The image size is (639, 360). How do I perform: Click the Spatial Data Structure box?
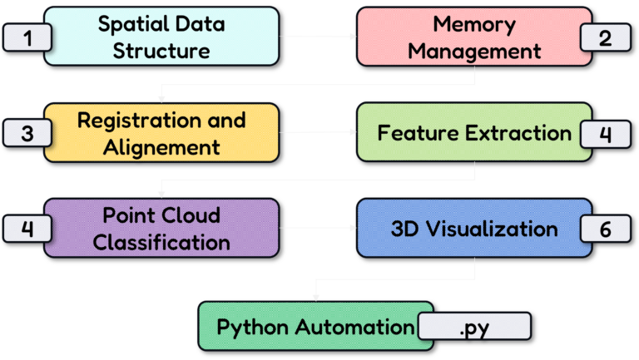point(161,37)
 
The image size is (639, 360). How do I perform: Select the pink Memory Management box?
point(474,37)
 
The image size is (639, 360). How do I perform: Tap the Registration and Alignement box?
point(161,133)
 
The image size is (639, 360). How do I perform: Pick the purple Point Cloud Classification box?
point(161,228)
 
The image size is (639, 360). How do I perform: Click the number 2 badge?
point(606,37)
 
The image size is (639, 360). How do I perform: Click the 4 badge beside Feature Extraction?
point(606,134)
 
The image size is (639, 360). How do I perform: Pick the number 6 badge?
point(606,229)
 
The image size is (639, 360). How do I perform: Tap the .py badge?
point(474,327)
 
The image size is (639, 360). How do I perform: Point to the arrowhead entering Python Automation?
point(315,295)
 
